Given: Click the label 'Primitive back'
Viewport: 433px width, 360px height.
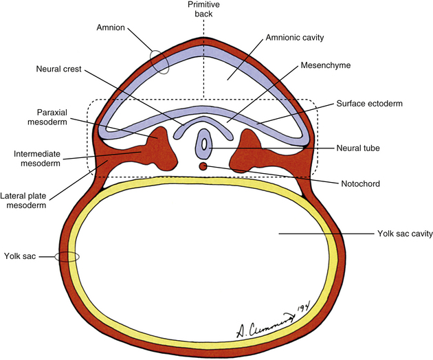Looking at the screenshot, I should (204, 8).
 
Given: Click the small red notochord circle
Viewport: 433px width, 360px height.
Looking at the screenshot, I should (203, 166).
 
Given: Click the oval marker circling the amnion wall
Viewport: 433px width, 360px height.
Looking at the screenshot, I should (159, 62).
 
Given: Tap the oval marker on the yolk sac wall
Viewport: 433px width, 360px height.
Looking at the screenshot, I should (67, 256).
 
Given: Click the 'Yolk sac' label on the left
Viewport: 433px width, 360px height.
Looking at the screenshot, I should (21, 256).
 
